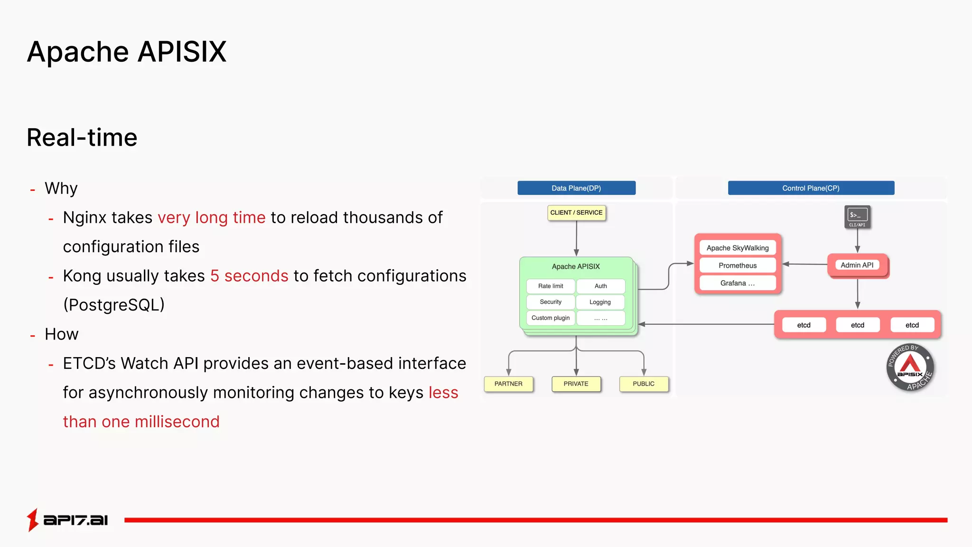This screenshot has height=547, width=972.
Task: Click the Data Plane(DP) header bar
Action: (x=576, y=188)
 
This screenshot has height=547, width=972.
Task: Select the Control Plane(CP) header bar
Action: (x=811, y=188)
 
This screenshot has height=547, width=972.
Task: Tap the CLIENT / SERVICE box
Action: (x=576, y=212)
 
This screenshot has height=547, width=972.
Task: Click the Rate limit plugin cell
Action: (x=551, y=286)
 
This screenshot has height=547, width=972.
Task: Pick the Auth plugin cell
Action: (x=600, y=286)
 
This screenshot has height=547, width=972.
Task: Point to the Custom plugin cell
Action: (x=551, y=318)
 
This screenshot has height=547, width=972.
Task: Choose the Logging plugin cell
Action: (x=600, y=302)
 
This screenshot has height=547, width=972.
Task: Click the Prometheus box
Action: (x=738, y=265)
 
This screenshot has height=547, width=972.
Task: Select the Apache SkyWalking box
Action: (x=738, y=248)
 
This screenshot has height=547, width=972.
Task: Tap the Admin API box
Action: (x=857, y=265)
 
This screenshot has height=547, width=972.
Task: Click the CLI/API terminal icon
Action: (x=857, y=217)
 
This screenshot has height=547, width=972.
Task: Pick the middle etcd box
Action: (x=857, y=325)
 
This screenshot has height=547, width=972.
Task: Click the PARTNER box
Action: (x=508, y=384)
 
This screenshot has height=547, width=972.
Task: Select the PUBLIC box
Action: (x=644, y=384)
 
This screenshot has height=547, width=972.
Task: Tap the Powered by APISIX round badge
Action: (x=910, y=367)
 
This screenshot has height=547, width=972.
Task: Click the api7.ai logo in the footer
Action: (x=67, y=519)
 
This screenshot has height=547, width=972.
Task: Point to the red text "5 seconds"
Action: (x=249, y=276)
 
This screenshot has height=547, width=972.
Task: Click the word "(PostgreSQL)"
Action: (x=114, y=305)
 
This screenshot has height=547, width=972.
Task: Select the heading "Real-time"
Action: (x=82, y=138)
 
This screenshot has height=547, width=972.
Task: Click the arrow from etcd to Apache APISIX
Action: (x=707, y=324)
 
